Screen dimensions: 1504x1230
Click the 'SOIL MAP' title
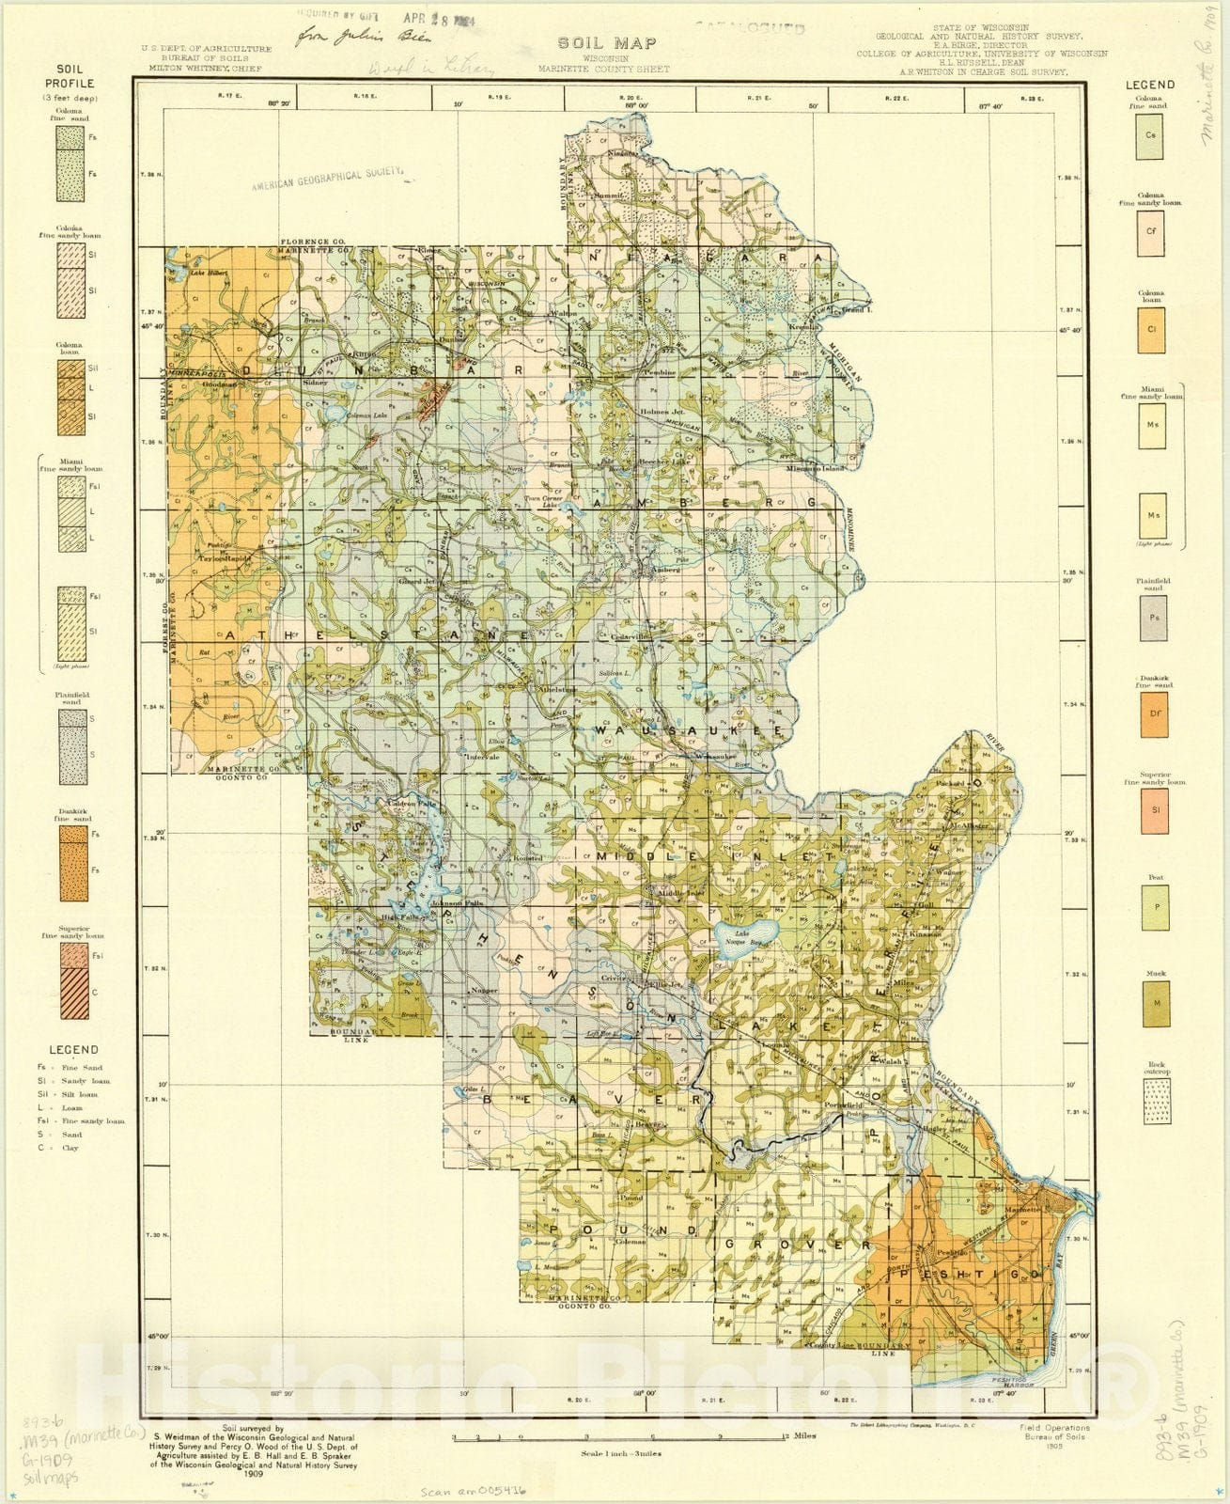(x=607, y=42)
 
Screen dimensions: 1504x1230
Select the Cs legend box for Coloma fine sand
(x=1150, y=135)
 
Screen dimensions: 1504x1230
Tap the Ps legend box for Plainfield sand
(x=1153, y=619)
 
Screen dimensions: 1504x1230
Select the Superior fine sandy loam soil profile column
(x=72, y=980)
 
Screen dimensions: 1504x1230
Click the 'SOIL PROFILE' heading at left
(x=70, y=76)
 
